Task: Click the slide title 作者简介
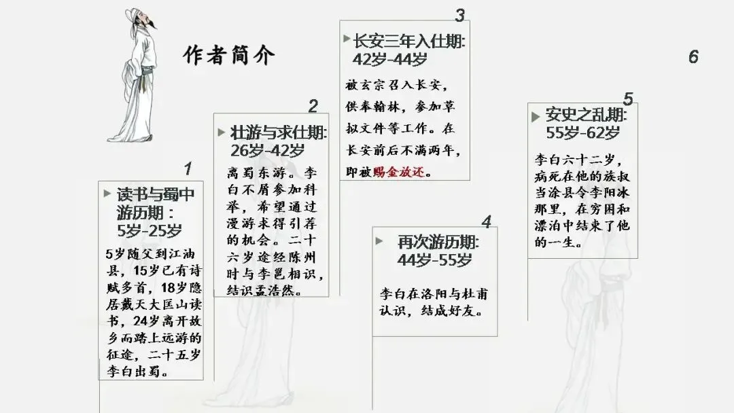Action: click(x=230, y=55)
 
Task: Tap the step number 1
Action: click(x=188, y=168)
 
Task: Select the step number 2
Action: click(x=313, y=106)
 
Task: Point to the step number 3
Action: click(x=460, y=15)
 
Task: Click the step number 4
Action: click(x=486, y=222)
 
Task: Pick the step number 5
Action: click(x=628, y=99)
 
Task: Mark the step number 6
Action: click(x=693, y=56)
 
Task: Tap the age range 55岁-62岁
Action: click(x=582, y=132)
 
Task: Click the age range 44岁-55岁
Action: click(x=435, y=260)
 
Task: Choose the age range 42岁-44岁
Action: click(x=389, y=59)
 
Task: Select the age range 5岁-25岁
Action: click(x=150, y=230)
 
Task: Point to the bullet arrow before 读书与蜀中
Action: click(x=107, y=194)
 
